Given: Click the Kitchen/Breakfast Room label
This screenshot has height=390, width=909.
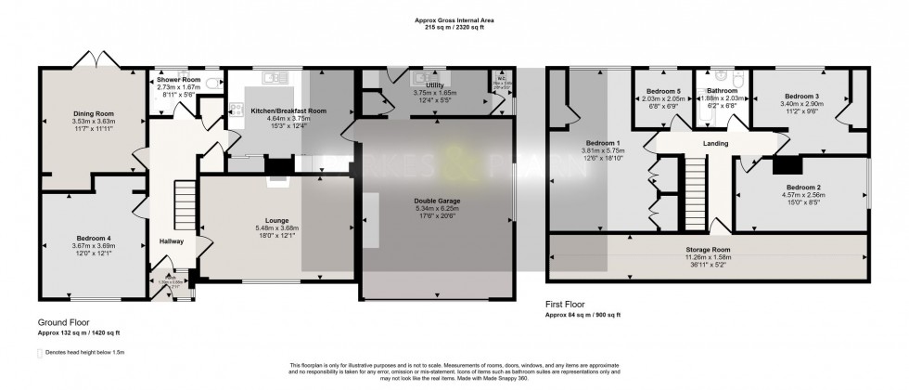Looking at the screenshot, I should pos(288,110).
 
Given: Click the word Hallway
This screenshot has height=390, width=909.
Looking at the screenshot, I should pos(172,241).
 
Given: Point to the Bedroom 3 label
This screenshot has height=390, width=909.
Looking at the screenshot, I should pos(800,96).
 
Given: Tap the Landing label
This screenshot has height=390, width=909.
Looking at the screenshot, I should pos(715,144).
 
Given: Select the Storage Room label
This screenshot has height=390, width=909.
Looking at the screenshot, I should pos(708,249).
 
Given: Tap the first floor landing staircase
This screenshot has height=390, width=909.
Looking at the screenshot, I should pos(696,183).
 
